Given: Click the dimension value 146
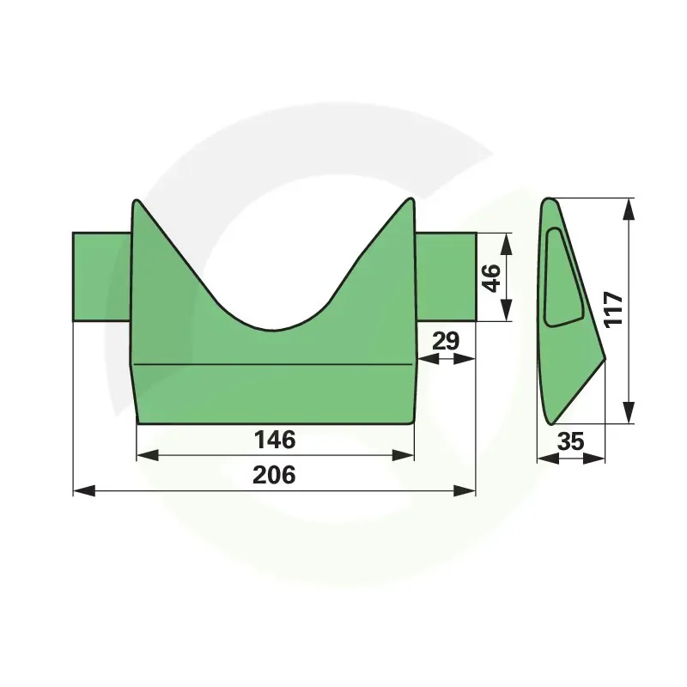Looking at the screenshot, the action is click(x=275, y=440).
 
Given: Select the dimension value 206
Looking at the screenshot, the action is click(x=274, y=475).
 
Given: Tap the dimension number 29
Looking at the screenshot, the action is click(x=446, y=341).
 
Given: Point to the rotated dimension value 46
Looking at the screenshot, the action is click(x=490, y=277).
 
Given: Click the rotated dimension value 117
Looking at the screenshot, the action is click(x=613, y=310).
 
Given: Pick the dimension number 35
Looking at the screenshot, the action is click(x=570, y=441).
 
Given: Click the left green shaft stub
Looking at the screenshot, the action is click(x=102, y=277).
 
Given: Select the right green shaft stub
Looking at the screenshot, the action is click(x=445, y=277).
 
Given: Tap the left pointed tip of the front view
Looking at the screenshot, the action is click(x=137, y=201).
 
